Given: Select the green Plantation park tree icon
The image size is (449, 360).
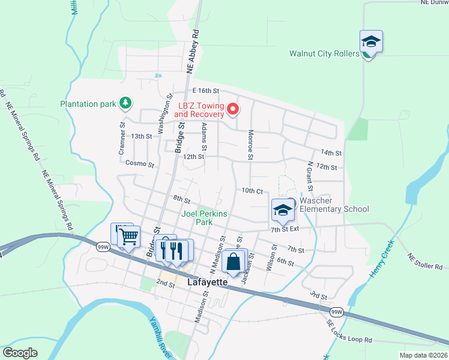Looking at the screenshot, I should tap(125, 103).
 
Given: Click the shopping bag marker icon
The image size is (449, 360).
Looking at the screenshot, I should tap(233, 263).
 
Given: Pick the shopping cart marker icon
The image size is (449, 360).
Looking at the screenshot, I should tap(128, 237).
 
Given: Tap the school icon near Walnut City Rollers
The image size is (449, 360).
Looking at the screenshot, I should tap(371, 42).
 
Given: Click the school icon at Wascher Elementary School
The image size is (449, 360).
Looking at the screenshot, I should tap(283, 210).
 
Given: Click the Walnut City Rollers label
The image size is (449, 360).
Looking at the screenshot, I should tap(324, 53).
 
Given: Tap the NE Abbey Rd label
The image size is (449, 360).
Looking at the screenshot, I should tap(193, 53).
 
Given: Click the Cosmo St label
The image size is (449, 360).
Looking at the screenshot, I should tap(140, 163).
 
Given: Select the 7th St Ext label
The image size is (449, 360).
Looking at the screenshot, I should tap(285, 229).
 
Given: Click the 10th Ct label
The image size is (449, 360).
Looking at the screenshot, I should tap(253, 191).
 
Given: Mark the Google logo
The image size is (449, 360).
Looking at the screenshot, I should tap(20, 353).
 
